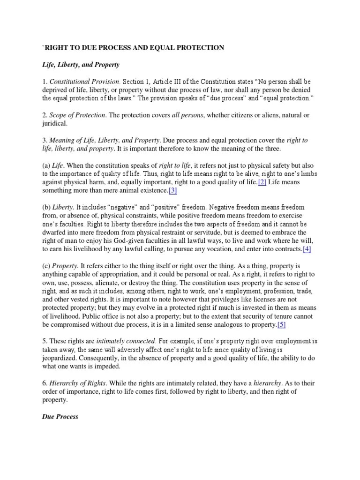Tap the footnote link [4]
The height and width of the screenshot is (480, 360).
pyautogui.click(x=307, y=249)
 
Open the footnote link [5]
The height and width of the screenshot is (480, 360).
pyautogui.click(x=281, y=324)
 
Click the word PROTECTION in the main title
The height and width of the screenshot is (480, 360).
pyautogui.click(x=195, y=48)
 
